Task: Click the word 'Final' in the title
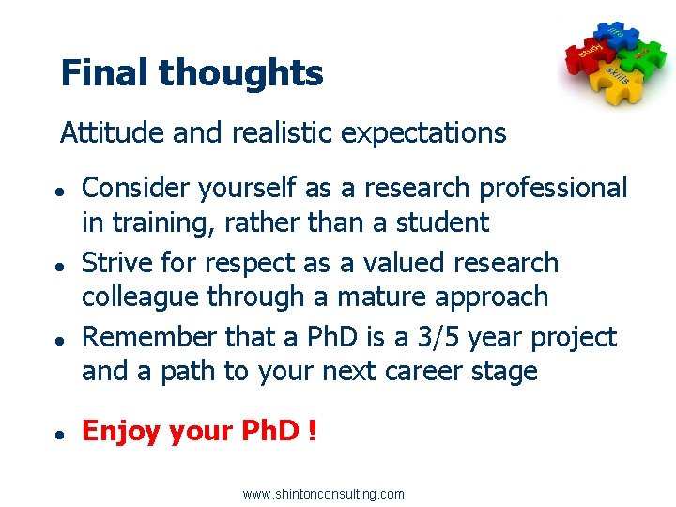point(104,72)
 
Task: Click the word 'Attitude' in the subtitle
point(113,133)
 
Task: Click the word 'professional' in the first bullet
point(553,189)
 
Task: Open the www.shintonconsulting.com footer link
point(323,494)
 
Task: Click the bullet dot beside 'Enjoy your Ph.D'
point(58,434)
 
